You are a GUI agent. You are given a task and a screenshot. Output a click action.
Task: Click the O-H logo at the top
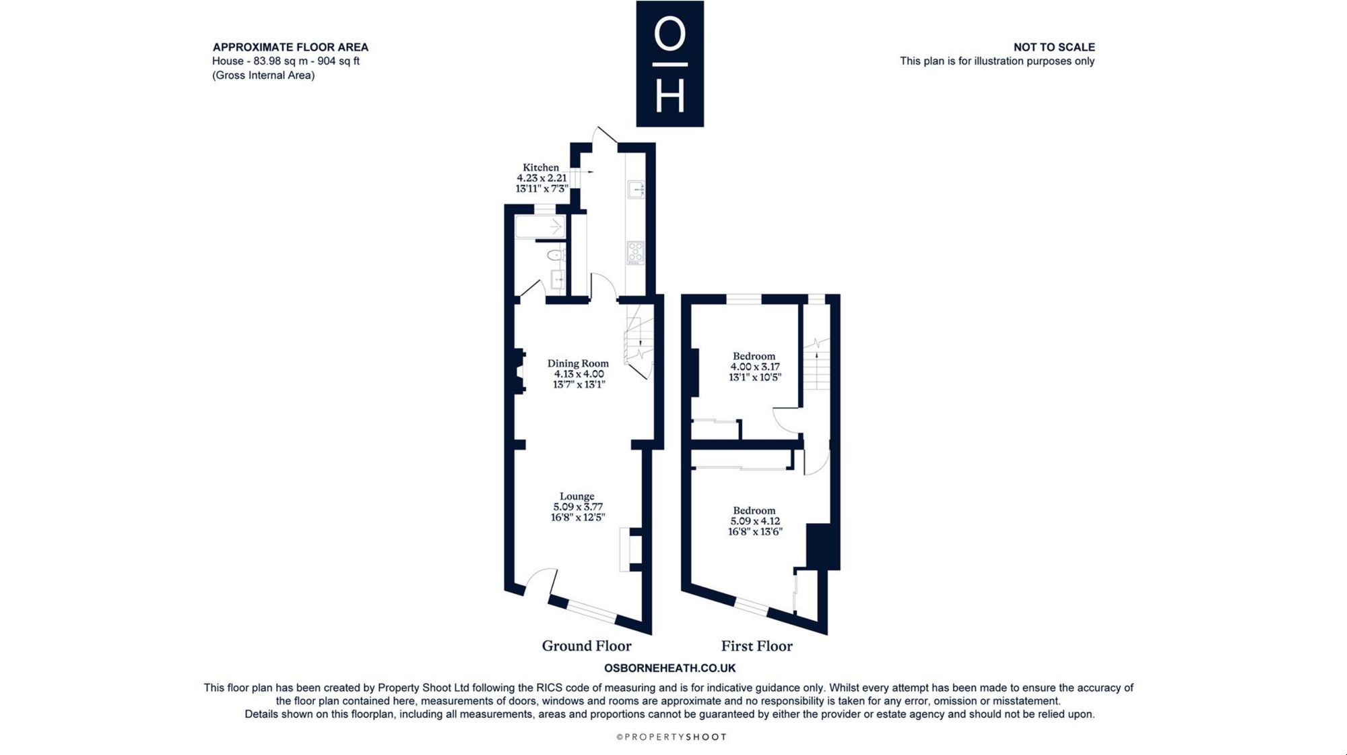[x=670, y=64]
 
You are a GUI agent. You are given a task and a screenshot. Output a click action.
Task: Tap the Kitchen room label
[x=541, y=168]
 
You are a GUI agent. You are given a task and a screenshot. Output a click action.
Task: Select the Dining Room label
[x=578, y=363]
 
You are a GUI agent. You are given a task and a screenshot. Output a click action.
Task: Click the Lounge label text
[x=577, y=496]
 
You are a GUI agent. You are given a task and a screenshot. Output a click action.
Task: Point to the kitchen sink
[x=636, y=189]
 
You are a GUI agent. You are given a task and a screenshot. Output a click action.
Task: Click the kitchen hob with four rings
[x=636, y=253]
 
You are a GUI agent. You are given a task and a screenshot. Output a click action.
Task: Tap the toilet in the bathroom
[x=556, y=255]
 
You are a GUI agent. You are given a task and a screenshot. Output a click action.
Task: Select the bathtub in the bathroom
[x=540, y=227]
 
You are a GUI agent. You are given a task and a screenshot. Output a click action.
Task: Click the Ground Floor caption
[x=587, y=646]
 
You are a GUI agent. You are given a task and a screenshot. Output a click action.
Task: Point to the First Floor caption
[x=757, y=646]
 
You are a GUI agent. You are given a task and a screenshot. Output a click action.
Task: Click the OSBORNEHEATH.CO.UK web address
[x=670, y=668]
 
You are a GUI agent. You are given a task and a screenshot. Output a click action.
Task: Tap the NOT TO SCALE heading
[x=1054, y=47]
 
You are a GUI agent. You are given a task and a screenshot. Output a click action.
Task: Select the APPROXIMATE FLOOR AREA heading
[x=290, y=47]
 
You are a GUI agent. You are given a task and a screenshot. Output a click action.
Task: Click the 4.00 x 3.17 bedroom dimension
[x=755, y=367]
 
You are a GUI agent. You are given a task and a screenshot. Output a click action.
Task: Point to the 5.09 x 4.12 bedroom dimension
[x=755, y=521]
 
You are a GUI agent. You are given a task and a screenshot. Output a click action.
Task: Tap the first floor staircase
[x=816, y=364]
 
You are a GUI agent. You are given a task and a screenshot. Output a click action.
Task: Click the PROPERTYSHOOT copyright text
[x=672, y=737]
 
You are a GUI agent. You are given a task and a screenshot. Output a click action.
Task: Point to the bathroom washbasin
[x=558, y=279]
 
